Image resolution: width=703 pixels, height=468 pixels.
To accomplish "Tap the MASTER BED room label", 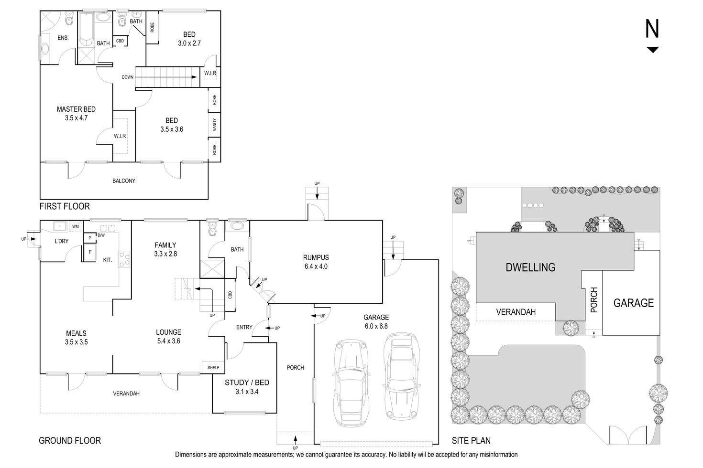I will point(76,113).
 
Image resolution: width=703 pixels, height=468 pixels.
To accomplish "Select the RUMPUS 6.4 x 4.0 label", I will point(316,262).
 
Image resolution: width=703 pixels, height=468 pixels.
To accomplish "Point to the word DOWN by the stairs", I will point(127,77).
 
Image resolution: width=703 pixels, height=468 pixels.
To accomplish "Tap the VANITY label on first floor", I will point(214,125).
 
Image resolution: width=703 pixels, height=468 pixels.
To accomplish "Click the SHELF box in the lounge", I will point(213,367).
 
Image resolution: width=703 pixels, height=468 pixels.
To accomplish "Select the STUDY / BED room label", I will point(247,386).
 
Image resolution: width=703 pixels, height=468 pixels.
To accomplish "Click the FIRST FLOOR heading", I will point(65,206).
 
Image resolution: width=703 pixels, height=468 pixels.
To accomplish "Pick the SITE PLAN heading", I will point(471,440).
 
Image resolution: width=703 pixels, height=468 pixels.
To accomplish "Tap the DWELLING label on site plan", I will point(530,267).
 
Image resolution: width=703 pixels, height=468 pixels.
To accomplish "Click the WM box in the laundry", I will point(76,226).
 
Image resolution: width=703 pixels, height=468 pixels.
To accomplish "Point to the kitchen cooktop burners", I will point(124,259).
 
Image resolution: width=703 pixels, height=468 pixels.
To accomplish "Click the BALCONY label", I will point(124,181).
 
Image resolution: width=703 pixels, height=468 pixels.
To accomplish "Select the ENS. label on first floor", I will point(63,37).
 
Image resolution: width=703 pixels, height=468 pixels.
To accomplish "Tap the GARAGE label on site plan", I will point(633,303).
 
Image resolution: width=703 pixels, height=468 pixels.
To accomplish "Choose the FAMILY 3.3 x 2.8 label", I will point(165,249).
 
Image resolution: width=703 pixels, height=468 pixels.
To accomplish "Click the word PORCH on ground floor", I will point(295,367).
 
